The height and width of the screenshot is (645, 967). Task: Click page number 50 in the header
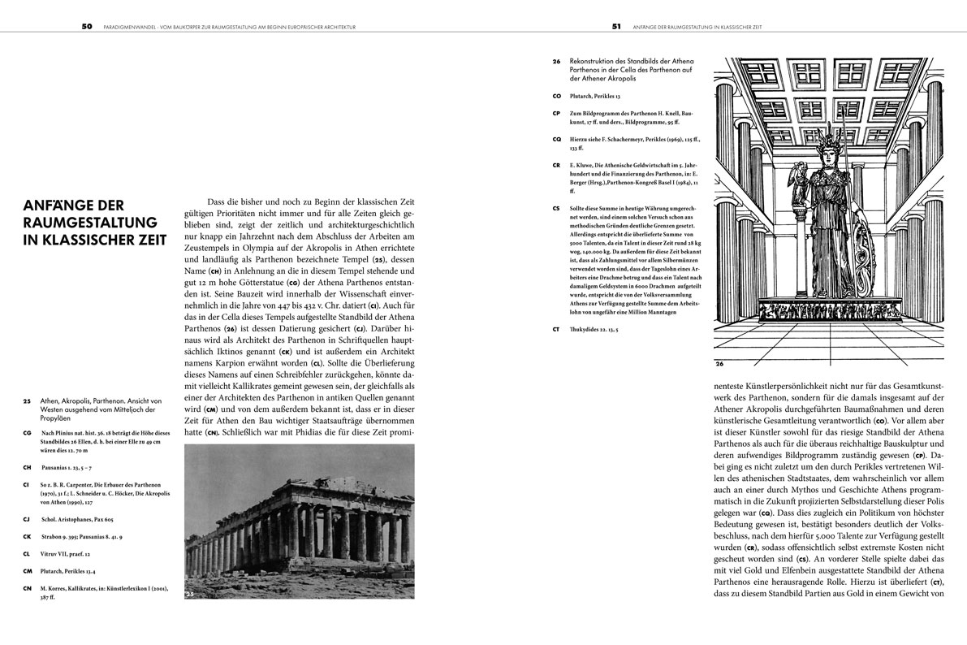click(86, 26)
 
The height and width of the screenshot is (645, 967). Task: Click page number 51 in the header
click(616, 26)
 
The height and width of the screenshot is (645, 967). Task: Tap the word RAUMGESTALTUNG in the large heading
click(92, 222)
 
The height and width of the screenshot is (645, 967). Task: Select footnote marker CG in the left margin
click(28, 433)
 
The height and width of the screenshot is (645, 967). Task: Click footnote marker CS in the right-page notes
click(556, 208)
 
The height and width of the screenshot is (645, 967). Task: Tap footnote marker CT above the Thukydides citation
click(556, 329)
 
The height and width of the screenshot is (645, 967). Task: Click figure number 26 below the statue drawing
click(720, 364)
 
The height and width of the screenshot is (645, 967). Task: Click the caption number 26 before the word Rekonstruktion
click(556, 61)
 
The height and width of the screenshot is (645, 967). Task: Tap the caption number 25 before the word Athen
click(28, 400)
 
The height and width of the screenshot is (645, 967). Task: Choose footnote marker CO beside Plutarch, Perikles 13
click(556, 96)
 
